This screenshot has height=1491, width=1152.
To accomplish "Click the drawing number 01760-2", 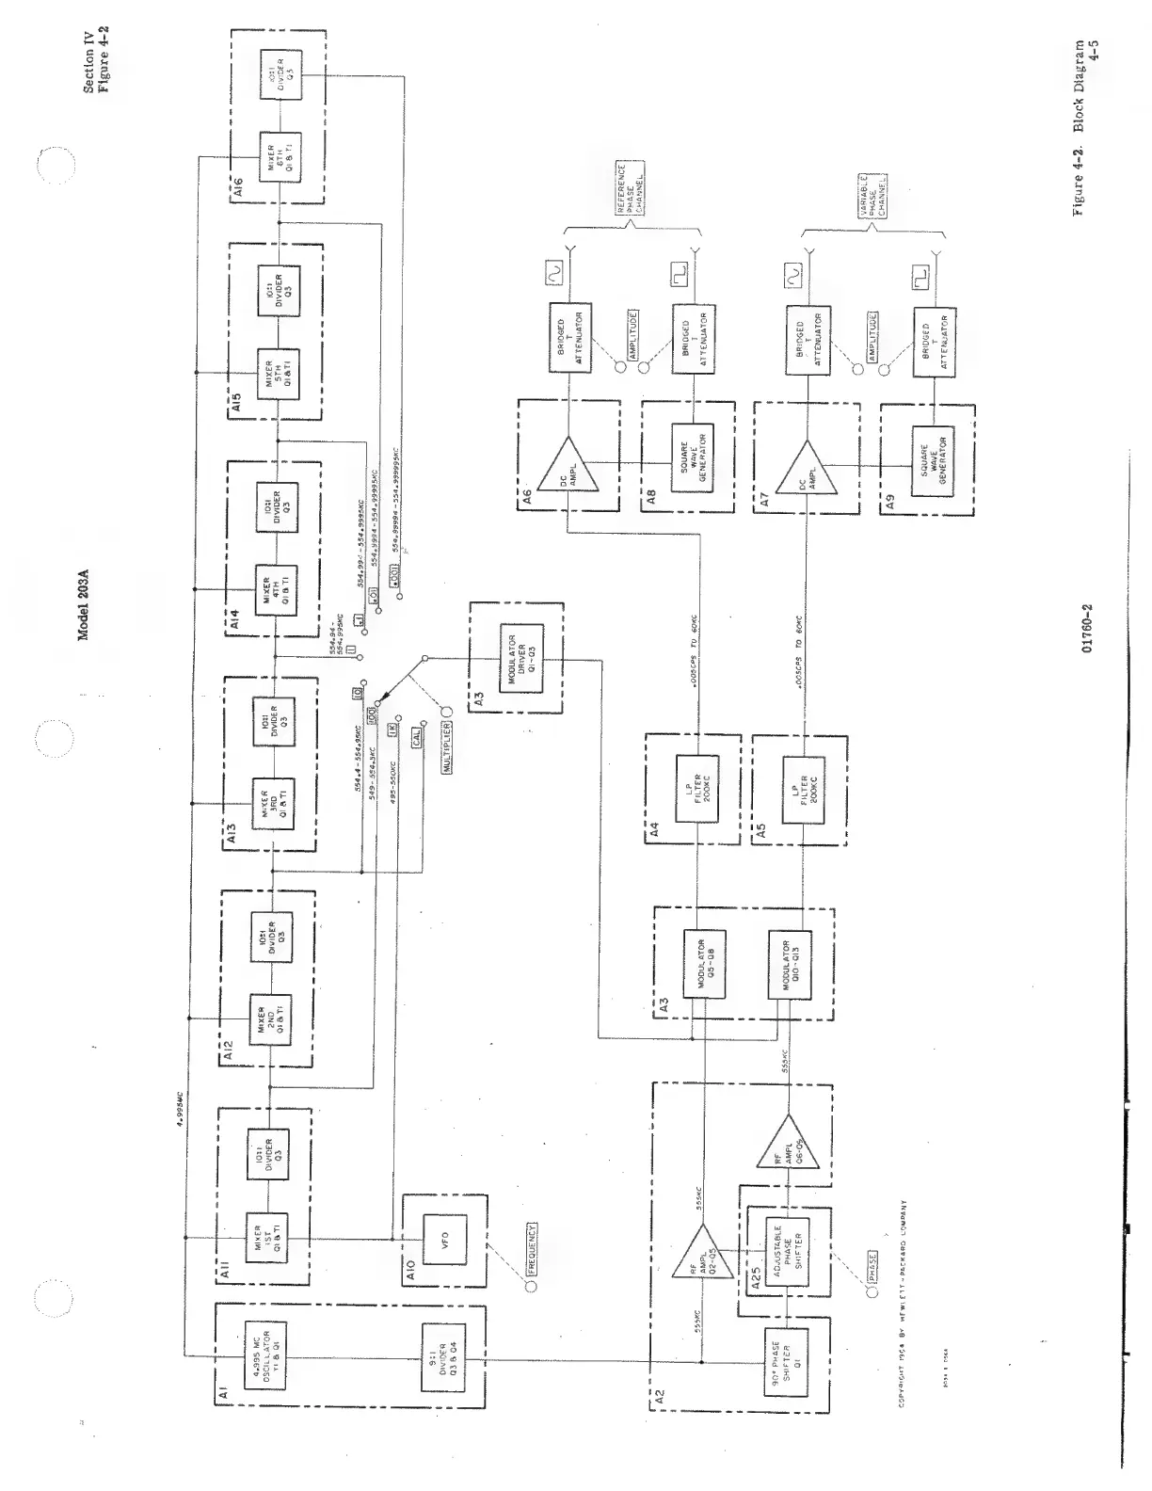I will tap(1088, 627).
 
